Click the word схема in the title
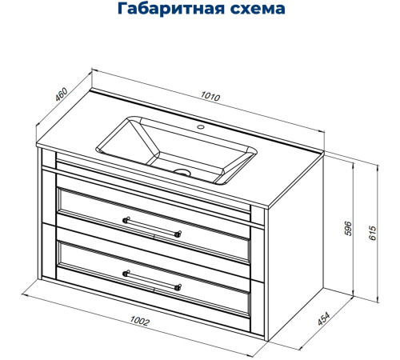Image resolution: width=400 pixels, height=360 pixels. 254,10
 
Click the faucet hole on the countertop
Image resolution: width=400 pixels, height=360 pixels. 202,126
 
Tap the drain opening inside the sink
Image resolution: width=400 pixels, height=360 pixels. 183,171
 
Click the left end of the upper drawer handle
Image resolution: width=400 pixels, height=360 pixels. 125,218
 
